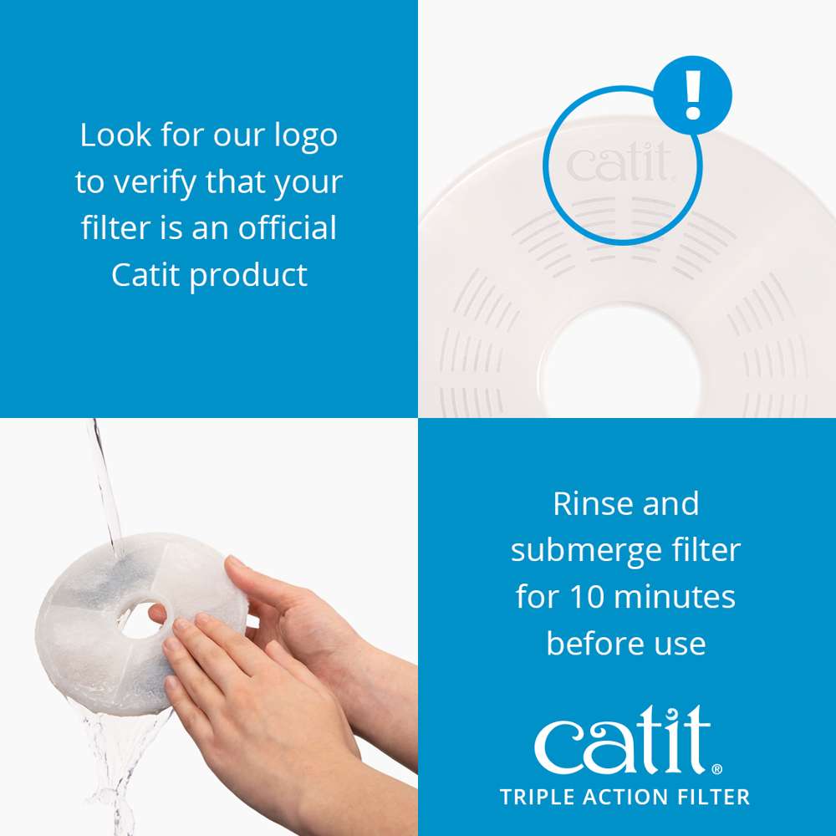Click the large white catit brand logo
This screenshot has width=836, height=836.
pos(623,739)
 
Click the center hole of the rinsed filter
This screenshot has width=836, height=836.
pos(143,619)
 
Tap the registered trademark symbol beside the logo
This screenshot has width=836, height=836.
pos(717,767)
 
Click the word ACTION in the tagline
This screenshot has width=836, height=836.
pos(621,797)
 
